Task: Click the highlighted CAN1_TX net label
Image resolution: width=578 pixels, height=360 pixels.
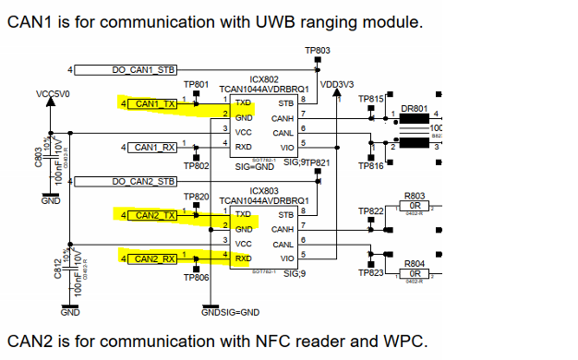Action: pyautogui.click(x=155, y=104)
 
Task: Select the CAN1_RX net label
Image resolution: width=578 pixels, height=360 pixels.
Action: pyautogui.click(x=155, y=147)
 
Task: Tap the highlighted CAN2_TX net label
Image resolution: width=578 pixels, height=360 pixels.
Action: pyautogui.click(x=155, y=215)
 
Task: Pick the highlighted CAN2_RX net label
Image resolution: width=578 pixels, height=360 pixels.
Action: pyautogui.click(x=155, y=258)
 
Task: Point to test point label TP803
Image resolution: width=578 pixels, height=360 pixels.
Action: pyautogui.click(x=317, y=50)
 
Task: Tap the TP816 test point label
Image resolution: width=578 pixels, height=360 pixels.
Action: pyautogui.click(x=370, y=165)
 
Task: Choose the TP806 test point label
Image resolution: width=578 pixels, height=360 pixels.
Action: pyautogui.click(x=196, y=277)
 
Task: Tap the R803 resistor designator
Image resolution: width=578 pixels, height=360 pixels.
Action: pyautogui.click(x=415, y=197)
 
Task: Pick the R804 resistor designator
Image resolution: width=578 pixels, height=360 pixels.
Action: pyautogui.click(x=415, y=264)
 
